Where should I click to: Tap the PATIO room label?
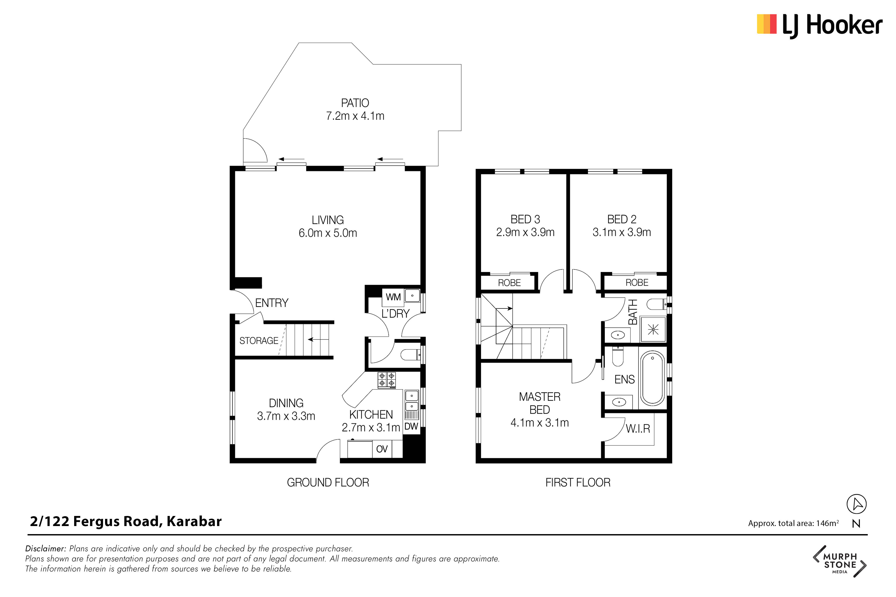pos(355,103)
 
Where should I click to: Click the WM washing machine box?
pos(393,297)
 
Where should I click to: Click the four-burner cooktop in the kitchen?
pos(387,380)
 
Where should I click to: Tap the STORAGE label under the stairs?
pos(259,340)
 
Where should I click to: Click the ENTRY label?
pos(272,303)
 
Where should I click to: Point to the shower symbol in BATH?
pos(653,329)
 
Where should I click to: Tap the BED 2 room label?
pos(622,219)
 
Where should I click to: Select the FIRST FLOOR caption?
pos(578,483)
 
